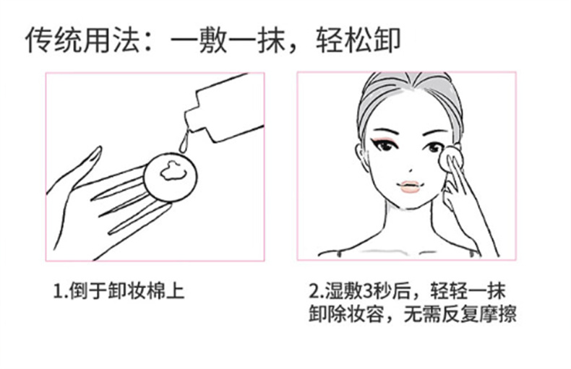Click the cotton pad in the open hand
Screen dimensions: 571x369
pos(171,177)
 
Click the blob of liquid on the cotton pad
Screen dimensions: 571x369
pos(173,171)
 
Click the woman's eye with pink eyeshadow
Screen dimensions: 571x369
pos(384,145)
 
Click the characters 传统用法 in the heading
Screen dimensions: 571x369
pos(82,39)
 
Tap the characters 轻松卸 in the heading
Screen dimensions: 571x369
pos(358,39)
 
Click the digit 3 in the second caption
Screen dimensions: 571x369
pos(369,290)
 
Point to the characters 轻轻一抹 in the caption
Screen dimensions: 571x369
pos(468,290)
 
